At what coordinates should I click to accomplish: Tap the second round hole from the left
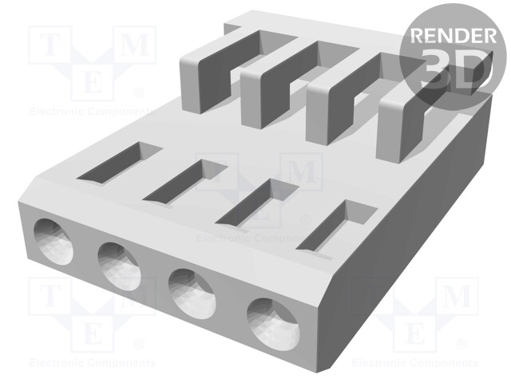coord(119,263)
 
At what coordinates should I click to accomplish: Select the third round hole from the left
coord(191,291)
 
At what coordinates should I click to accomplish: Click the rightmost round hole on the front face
coord(271,321)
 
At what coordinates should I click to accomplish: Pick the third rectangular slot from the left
coord(255,203)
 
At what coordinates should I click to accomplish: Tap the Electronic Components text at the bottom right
coord(416,363)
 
